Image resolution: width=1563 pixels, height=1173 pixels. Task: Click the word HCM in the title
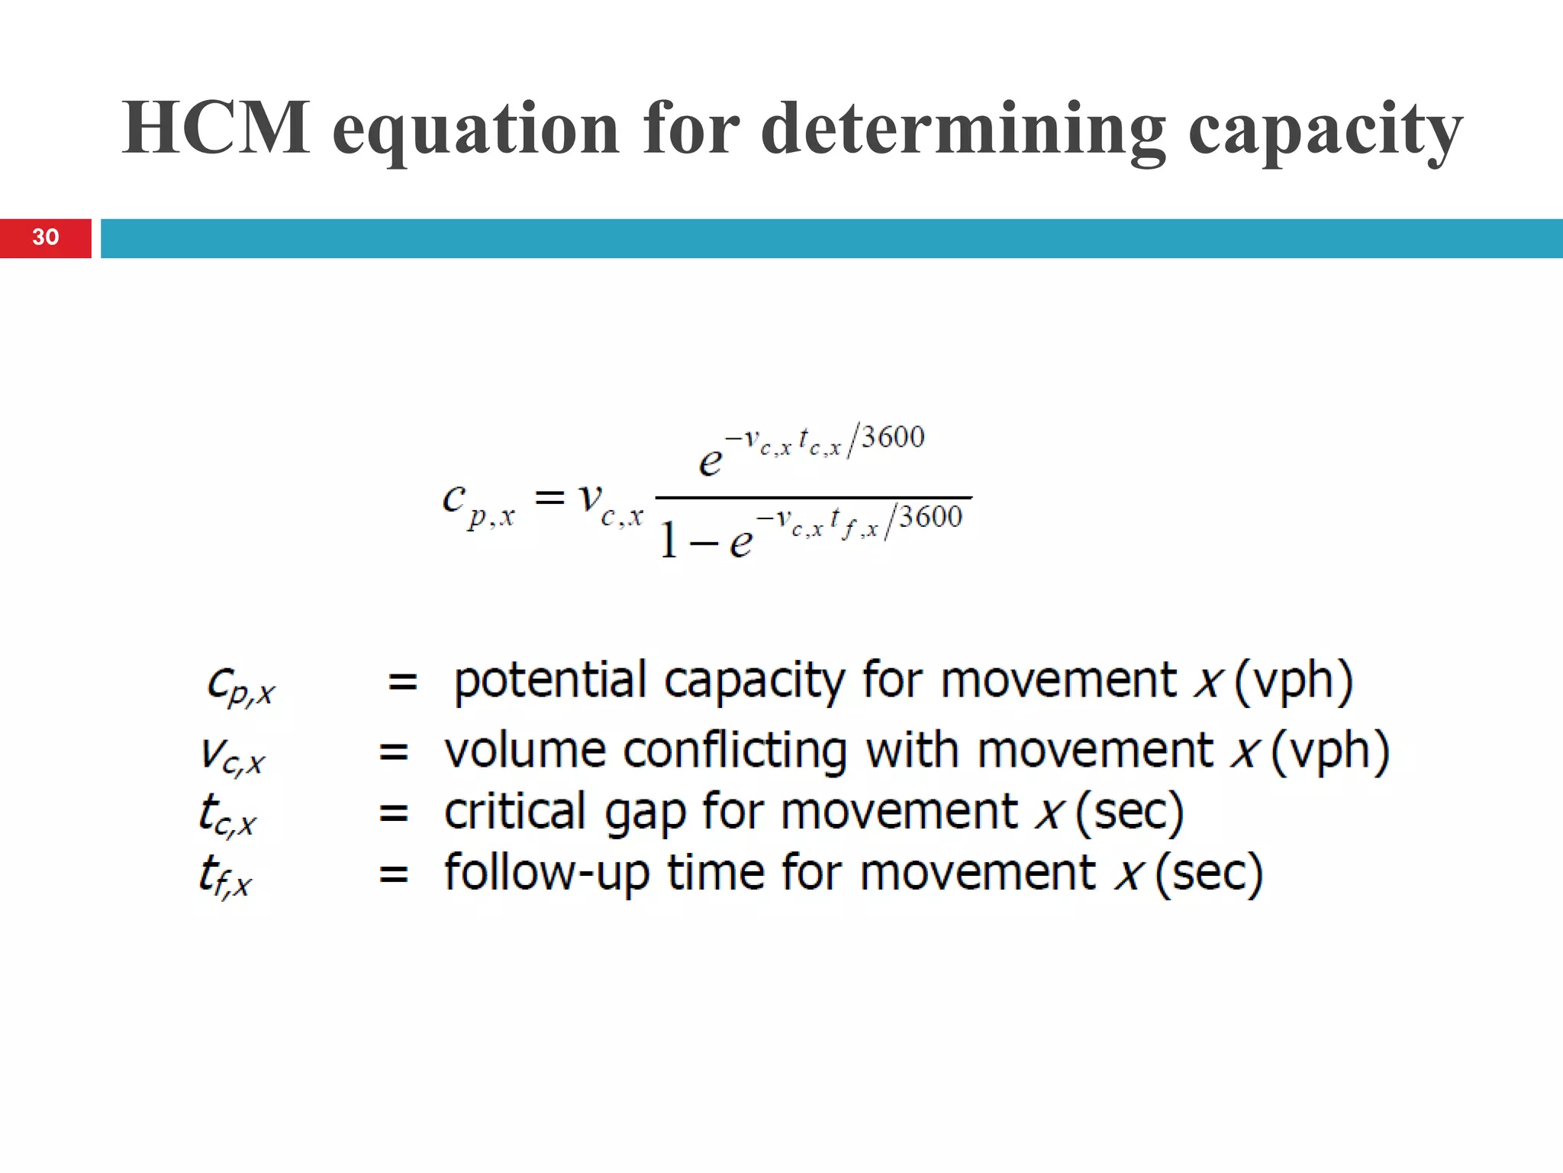[216, 128]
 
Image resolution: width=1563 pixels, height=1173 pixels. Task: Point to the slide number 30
[46, 238]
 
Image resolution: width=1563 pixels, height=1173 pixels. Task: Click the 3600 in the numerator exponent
[892, 438]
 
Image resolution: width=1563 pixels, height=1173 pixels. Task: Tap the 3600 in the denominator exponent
[930, 518]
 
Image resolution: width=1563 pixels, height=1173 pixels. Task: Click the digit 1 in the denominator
[669, 540]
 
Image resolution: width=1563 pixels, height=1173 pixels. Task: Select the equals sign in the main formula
[549, 499]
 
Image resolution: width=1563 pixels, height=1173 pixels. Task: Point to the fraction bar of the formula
[814, 497]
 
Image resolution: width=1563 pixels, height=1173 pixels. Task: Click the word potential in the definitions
[549, 680]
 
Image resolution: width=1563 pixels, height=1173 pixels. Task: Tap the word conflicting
[735, 751]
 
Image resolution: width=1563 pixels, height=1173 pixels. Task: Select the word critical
[515, 811]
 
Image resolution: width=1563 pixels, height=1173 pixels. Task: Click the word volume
[525, 751]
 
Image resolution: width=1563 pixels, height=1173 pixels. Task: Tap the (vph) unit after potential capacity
[1293, 680]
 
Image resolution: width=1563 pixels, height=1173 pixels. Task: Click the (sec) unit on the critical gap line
[1130, 811]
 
